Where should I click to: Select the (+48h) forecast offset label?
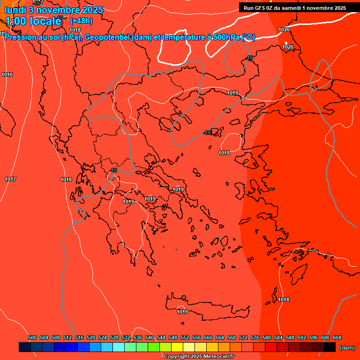tap(81, 21)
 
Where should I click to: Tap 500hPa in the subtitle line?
tap(227, 37)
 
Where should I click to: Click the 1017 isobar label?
tap(10, 179)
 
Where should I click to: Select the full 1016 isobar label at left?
tap(7, 75)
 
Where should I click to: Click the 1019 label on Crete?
tap(182, 312)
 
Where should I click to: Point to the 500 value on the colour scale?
tap(32, 337)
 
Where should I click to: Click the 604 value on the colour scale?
tap(337, 337)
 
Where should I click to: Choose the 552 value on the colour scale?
tap(185, 337)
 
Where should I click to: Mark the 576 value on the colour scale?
tap(255, 337)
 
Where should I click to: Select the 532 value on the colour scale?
tap(126, 337)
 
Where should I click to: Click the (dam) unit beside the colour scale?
tap(347, 348)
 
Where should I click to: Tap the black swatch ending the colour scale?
tap(329, 347)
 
